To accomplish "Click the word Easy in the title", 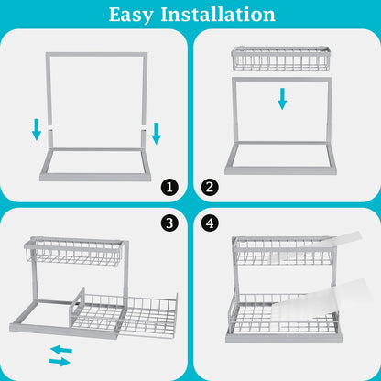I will coord(136,15).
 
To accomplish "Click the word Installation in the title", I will coord(220,15).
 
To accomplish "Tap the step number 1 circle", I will coord(169,188).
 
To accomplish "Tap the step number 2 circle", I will coord(212,188).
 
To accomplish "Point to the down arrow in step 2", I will coord(282,98).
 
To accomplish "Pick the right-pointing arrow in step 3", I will coord(60,362).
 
